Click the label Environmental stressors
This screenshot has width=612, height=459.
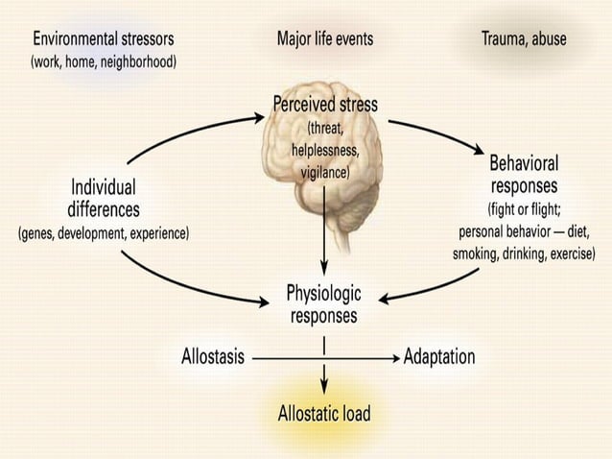[105, 39]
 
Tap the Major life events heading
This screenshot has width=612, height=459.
[325, 39]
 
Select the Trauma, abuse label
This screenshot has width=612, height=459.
[523, 39]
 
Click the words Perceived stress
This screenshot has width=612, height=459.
[326, 105]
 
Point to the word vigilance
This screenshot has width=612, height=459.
[326, 172]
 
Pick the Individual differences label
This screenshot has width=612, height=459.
[104, 198]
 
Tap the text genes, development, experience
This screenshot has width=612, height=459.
[104, 232]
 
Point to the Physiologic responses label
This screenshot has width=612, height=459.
[321, 302]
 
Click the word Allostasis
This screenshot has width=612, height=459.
[213, 357]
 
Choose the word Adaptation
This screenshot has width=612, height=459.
[439, 357]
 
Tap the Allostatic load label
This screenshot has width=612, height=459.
[323, 415]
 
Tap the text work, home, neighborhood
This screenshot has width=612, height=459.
[105, 62]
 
